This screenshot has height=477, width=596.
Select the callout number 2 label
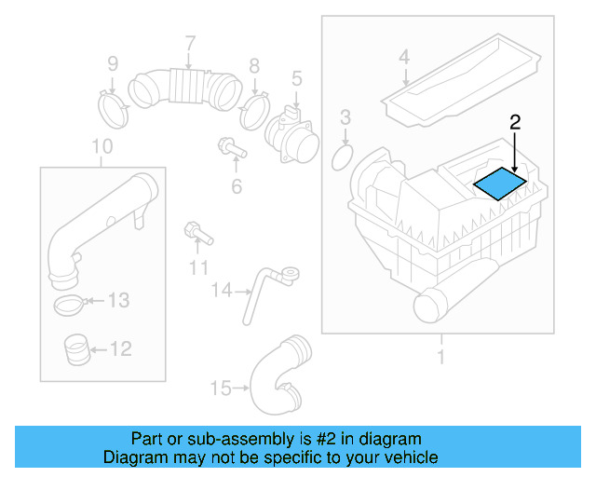pyautogui.click(x=514, y=121)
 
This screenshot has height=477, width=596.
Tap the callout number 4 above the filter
pyautogui.click(x=404, y=58)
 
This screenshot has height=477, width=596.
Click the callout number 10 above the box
pyautogui.click(x=103, y=146)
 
